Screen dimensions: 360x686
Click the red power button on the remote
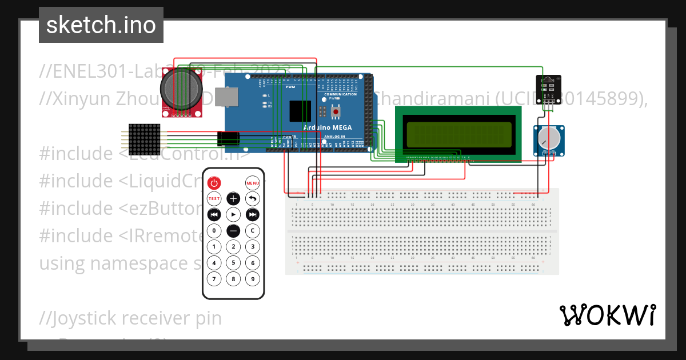pos(214,183)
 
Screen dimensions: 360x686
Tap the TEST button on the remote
pos(214,199)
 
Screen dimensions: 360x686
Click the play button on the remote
pos(233,214)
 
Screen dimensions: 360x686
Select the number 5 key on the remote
pos(233,263)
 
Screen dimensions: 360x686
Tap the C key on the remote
pos(253,231)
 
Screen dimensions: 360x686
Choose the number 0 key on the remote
pos(214,231)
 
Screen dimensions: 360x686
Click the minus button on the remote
pos(233,231)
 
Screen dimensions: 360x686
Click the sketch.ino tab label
pos(101,25)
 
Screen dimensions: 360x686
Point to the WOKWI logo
pos(607,315)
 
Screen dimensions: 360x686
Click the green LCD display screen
pos(458,133)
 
